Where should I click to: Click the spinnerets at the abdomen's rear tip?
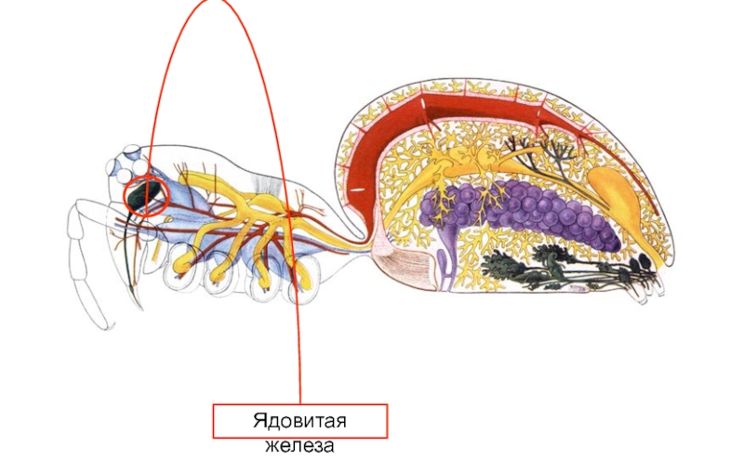(651, 283)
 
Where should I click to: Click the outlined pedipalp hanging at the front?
(88, 269)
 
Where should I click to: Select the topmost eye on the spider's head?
(134, 151)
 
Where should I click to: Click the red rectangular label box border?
(214, 421)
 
